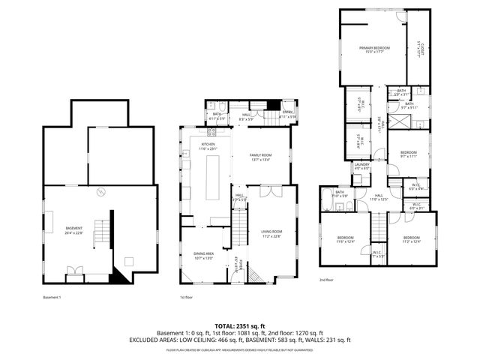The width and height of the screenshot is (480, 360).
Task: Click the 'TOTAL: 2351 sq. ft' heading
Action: click(x=239, y=325)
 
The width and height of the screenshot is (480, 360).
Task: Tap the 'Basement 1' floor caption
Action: click(x=52, y=297)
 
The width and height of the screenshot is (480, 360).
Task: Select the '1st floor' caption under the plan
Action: click(x=187, y=297)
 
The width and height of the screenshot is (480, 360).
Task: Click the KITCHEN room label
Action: click(x=208, y=146)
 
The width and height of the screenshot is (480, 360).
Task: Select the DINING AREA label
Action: click(x=204, y=256)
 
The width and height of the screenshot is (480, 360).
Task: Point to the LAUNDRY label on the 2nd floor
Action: click(x=361, y=166)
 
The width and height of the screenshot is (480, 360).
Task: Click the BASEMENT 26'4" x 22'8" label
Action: click(x=73, y=230)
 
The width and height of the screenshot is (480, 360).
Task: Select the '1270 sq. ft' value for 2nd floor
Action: click(x=309, y=332)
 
